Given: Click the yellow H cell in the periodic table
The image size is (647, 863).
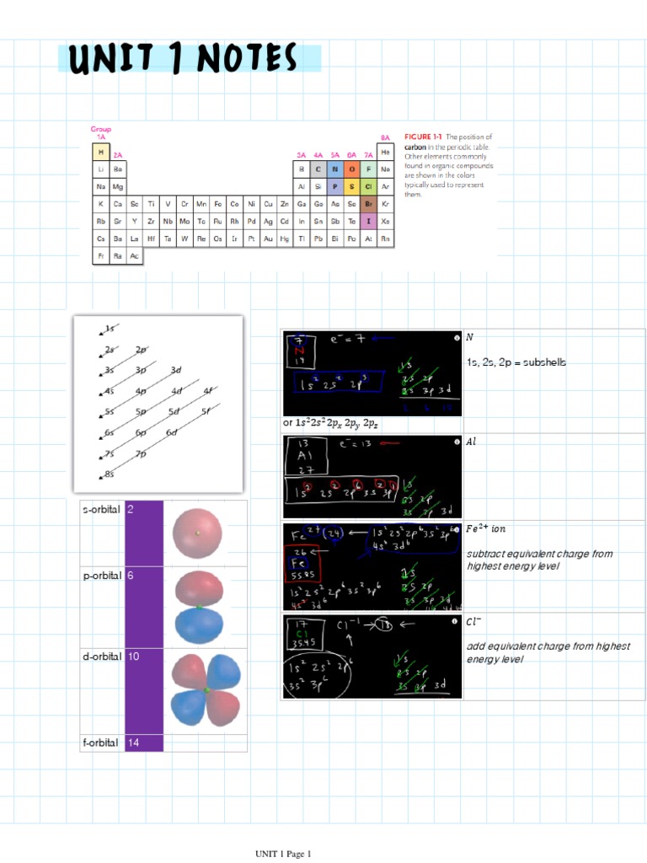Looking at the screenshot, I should (101, 153).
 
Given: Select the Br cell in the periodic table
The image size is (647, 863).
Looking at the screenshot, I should (368, 204).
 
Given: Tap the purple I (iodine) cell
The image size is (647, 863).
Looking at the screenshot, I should (368, 221).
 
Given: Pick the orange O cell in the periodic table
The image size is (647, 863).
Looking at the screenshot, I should (351, 169).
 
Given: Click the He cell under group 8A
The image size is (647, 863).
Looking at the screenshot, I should (385, 153).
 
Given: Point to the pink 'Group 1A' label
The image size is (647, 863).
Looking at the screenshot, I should (100, 132).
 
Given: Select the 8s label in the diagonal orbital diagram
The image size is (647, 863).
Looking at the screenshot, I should (110, 474).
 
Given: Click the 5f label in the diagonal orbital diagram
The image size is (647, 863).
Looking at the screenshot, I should (206, 411).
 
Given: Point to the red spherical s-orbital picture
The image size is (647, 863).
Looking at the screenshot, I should (198, 533).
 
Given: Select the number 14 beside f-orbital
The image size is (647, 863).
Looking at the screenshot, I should (134, 743).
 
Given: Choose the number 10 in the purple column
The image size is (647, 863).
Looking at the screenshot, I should (134, 656).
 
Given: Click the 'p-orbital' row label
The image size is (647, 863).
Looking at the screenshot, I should (102, 575).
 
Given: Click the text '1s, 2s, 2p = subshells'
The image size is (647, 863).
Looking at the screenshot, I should (516, 362).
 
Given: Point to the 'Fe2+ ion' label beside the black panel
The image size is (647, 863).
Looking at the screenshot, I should (486, 529).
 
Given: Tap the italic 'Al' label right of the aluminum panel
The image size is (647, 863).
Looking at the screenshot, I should (472, 441).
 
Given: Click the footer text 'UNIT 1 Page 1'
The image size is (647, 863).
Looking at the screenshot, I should (284, 854).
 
